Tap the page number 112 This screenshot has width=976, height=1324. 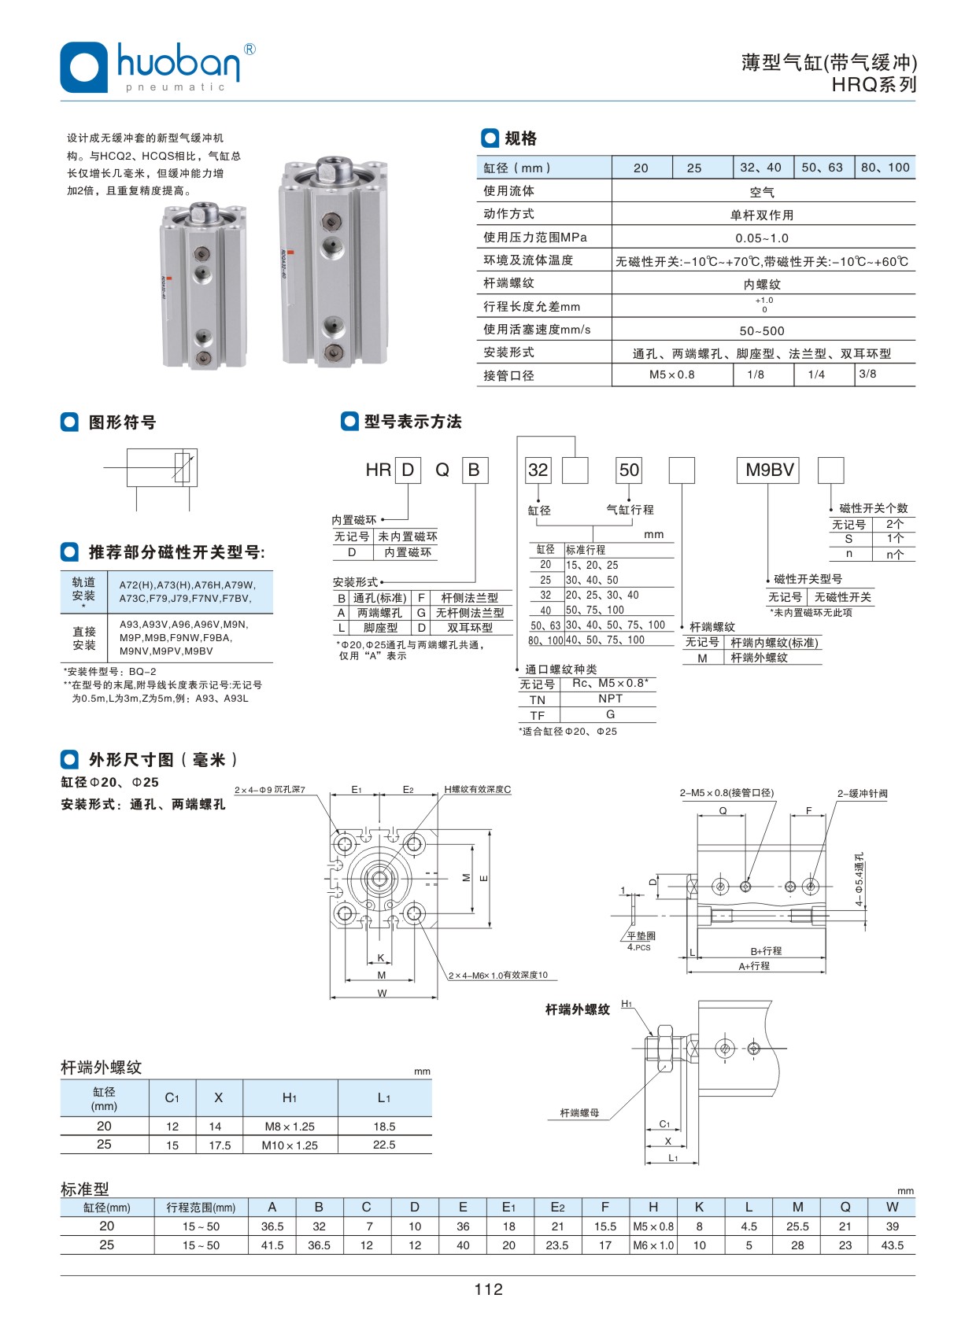[x=488, y=1289]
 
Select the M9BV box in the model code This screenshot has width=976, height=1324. [x=770, y=470]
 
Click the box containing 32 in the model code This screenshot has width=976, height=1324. [x=538, y=470]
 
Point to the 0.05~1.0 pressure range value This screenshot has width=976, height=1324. [x=762, y=238]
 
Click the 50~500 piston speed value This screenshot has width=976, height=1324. [x=762, y=331]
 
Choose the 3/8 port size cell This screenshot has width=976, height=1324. [x=868, y=374]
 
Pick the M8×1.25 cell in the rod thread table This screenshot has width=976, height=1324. [x=290, y=1127]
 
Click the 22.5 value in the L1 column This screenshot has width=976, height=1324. [x=384, y=1145]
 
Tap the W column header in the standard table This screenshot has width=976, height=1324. [x=892, y=1207]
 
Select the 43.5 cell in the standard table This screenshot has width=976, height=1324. [x=892, y=1245]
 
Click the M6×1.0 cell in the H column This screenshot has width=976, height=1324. [x=653, y=1245]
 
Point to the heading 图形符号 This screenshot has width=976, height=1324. [x=122, y=422]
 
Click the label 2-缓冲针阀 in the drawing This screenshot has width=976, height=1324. [x=862, y=794]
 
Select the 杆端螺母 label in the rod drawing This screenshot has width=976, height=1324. [x=579, y=1113]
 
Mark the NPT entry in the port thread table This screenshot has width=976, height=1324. [x=610, y=699]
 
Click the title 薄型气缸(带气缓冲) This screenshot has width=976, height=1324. [x=829, y=63]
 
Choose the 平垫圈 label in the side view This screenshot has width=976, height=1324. [x=641, y=936]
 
